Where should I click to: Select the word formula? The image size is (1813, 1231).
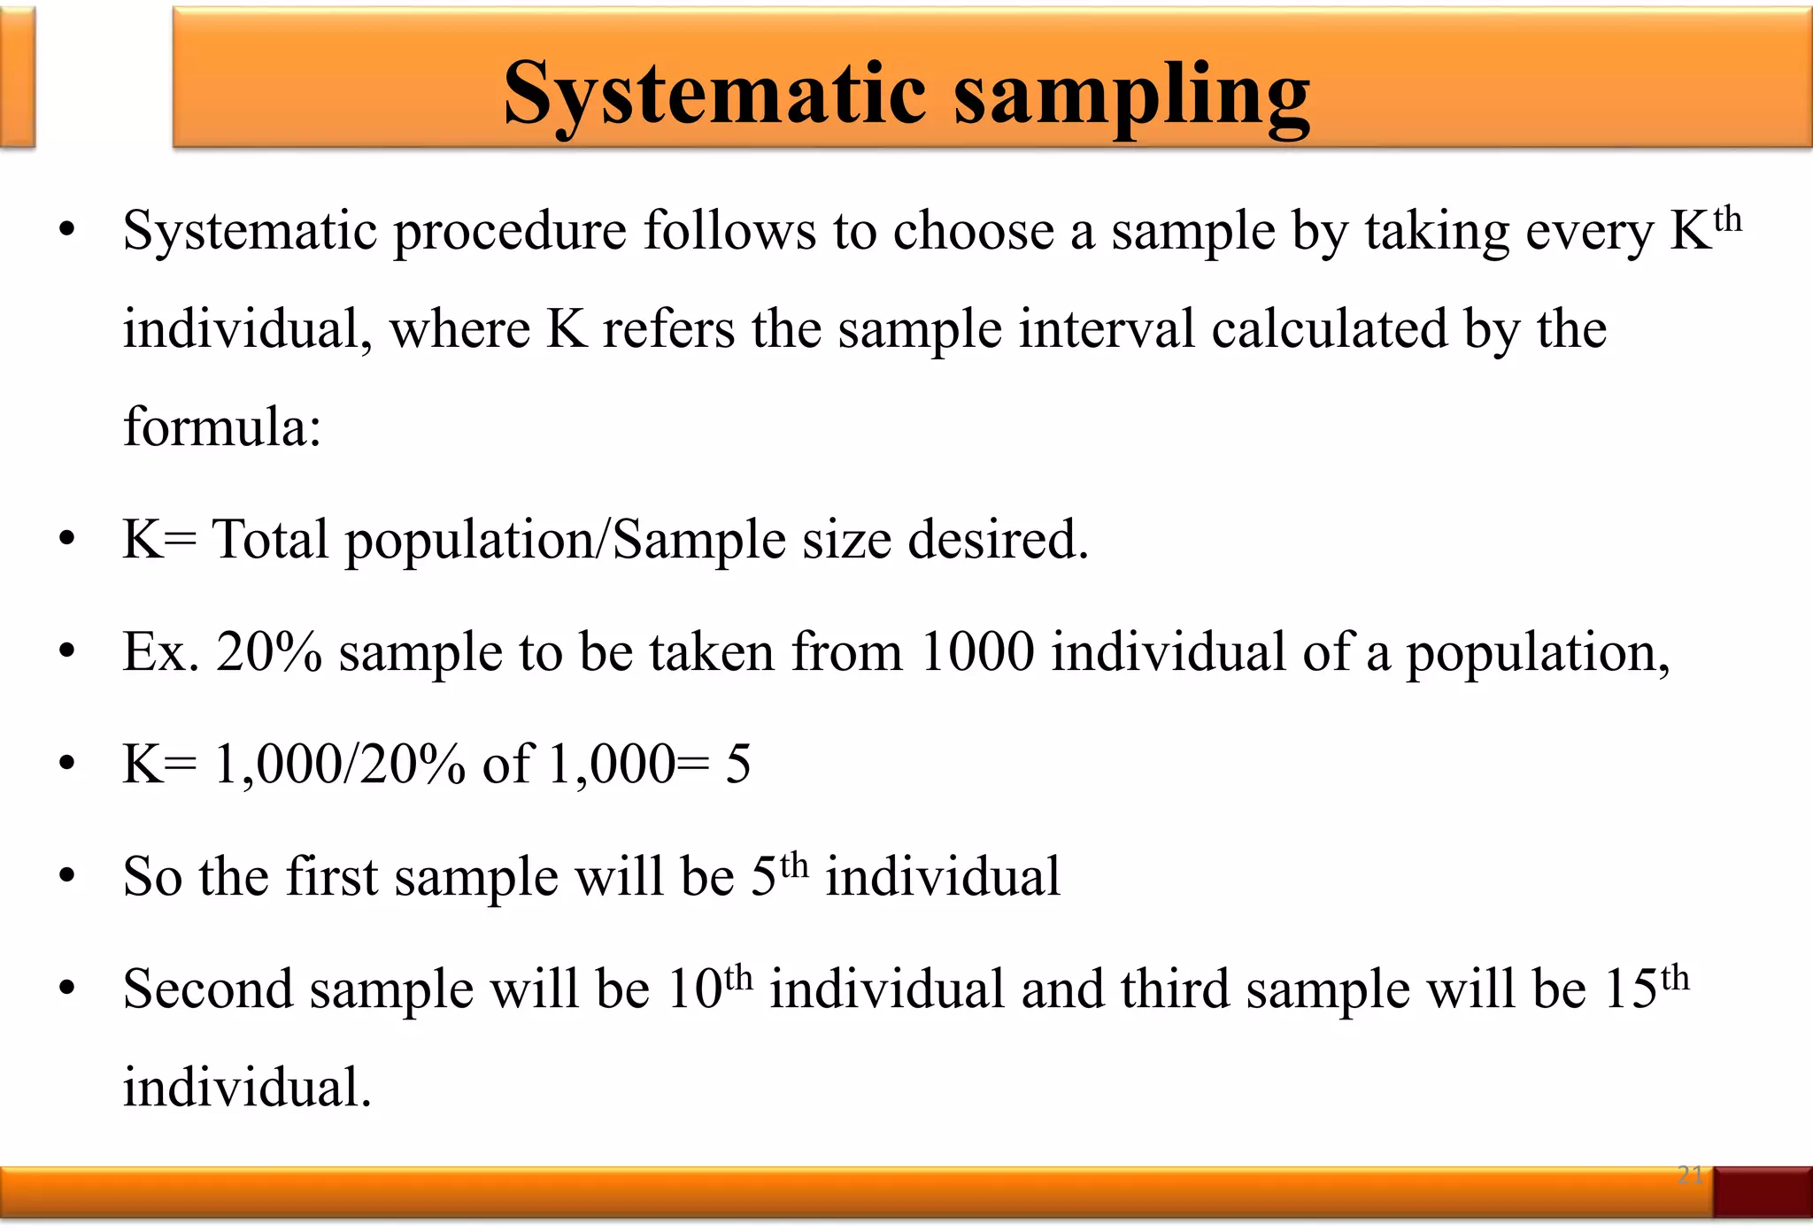pos(221,427)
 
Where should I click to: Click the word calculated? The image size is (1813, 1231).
pos(1329,330)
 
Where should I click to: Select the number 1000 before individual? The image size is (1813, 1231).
pos(976,652)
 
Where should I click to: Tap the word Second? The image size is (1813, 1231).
pos(208,989)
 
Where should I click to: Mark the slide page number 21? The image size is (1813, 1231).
pos(1690,1175)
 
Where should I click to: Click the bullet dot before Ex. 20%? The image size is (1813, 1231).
pos(67,652)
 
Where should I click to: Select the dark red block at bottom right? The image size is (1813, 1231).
pos(1762,1192)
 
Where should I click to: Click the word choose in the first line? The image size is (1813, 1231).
pos(973,233)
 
